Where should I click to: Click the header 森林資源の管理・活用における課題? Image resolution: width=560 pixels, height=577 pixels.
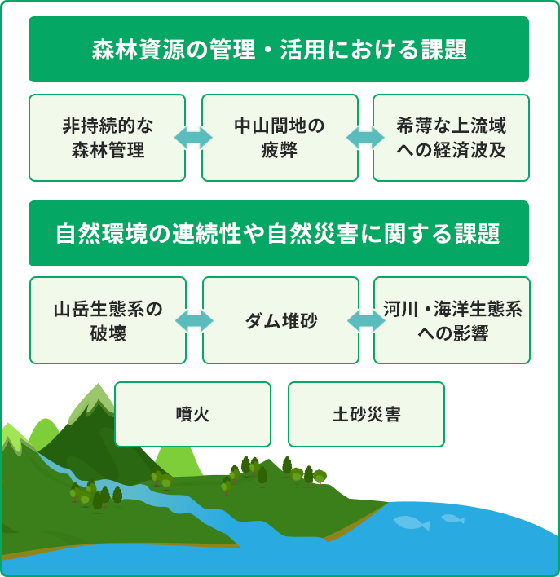(279, 50)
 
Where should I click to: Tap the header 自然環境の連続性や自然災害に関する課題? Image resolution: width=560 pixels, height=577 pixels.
(279, 233)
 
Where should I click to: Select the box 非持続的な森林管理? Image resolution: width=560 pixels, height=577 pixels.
(107, 138)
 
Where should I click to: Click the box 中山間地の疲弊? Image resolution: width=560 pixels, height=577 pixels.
(280, 138)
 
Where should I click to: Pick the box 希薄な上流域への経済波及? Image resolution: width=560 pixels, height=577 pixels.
(451, 138)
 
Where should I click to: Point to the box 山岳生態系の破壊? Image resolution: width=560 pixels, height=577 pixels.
(108, 320)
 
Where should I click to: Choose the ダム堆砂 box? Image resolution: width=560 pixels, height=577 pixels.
(280, 320)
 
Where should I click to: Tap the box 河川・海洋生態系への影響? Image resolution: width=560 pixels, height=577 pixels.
(452, 320)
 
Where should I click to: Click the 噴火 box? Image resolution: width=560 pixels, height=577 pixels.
(192, 414)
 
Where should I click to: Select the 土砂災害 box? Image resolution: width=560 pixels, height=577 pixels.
(366, 414)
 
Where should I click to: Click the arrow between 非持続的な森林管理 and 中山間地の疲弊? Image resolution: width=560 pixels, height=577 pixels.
(193, 138)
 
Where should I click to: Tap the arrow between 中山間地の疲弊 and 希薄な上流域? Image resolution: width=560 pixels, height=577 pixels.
(365, 138)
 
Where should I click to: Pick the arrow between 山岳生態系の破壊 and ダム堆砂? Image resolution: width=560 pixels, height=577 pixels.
(194, 320)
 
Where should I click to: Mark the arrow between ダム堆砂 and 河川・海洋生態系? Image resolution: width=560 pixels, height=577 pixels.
(366, 320)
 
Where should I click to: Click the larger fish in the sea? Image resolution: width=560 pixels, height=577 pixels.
(412, 522)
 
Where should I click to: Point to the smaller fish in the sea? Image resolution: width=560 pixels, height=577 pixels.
(453, 519)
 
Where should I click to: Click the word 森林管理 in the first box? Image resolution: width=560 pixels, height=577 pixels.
(108, 150)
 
